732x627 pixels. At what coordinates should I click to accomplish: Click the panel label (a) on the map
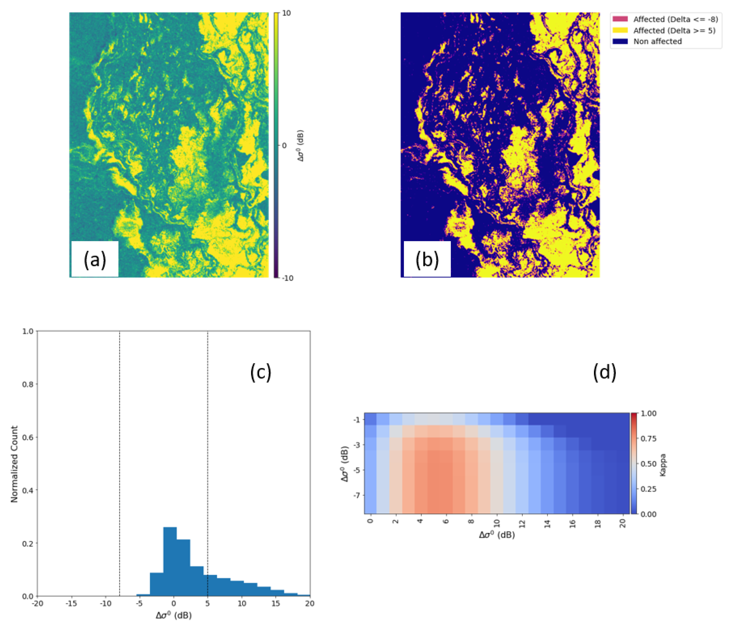point(95,260)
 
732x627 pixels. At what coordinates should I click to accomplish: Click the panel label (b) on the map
point(427,260)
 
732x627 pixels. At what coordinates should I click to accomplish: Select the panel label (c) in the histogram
point(261,372)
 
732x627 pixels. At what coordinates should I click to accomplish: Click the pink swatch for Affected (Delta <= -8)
point(620,19)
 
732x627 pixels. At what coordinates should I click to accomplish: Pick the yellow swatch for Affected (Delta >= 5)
point(620,30)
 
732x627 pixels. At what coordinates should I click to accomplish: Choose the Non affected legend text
point(657,41)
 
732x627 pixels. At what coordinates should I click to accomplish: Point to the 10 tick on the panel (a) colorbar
point(286,13)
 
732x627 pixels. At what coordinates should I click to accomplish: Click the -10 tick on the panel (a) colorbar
point(288,278)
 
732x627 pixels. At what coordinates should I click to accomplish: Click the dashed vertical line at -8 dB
point(120,459)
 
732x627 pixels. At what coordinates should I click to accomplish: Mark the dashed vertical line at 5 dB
point(207,459)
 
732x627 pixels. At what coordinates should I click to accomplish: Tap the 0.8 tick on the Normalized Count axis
point(28,384)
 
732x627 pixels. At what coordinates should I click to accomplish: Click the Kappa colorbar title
point(663,465)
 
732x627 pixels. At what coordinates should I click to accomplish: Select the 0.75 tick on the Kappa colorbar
point(649,438)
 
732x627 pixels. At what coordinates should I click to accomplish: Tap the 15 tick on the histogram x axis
point(276,604)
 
